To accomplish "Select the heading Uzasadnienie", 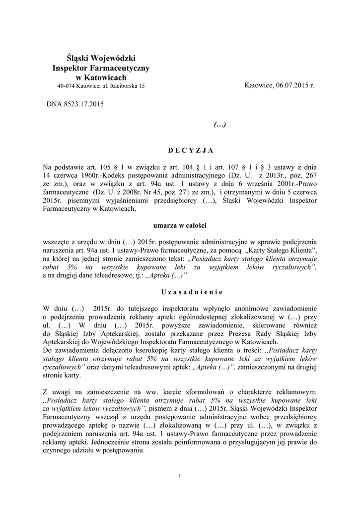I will pos(180,291).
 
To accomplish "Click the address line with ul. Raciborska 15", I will pos(101,86).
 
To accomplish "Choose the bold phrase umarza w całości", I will pos(180,225).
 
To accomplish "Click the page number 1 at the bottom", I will pos(180,477).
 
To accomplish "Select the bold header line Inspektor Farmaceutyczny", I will pos(101,68).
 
